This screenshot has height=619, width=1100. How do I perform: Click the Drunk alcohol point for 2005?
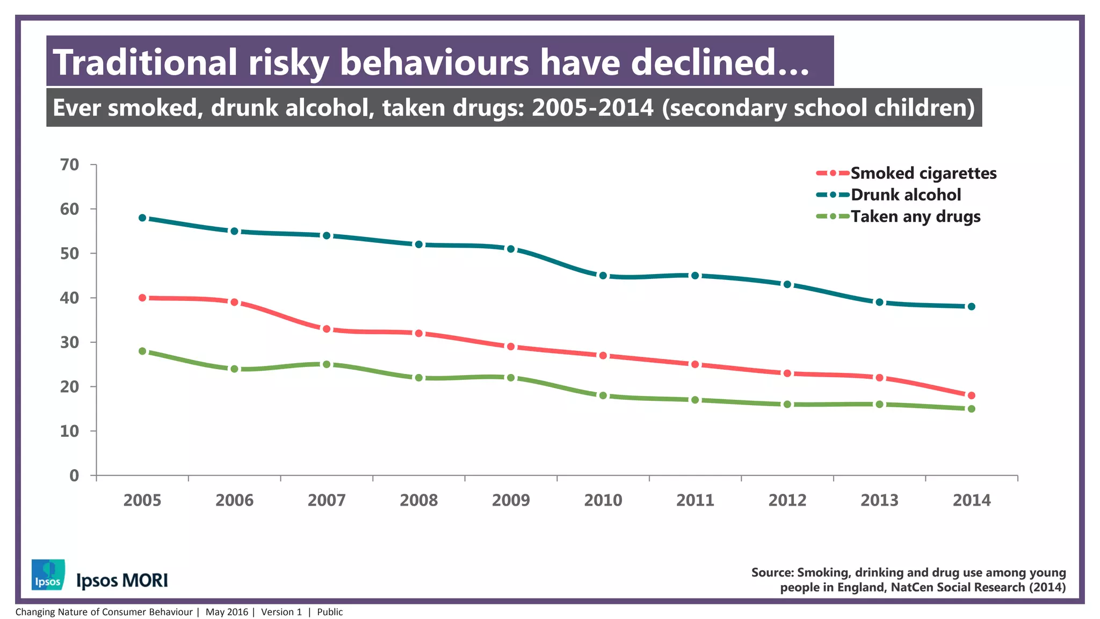pyautogui.click(x=142, y=218)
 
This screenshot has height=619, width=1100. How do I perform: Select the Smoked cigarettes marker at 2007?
pyautogui.click(x=327, y=329)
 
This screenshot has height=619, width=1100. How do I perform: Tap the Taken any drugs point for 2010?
pyautogui.click(x=603, y=395)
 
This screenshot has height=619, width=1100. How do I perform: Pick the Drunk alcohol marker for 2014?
pyautogui.click(x=972, y=306)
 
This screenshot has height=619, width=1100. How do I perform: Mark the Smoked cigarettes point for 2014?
pyautogui.click(x=972, y=395)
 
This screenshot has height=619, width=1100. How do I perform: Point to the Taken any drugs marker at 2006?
pyautogui.click(x=235, y=369)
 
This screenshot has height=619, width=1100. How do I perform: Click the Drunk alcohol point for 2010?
pyautogui.click(x=603, y=276)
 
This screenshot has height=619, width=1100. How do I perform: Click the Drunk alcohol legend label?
pyautogui.click(x=906, y=195)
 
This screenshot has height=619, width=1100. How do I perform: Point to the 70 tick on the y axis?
pyautogui.click(x=70, y=164)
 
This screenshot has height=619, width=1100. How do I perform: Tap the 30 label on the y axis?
pyautogui.click(x=70, y=342)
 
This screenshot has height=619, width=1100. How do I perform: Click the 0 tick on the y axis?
pyautogui.click(x=74, y=476)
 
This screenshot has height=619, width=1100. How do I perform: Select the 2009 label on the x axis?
pyautogui.click(x=511, y=500)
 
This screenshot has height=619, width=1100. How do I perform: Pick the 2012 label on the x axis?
pyautogui.click(x=787, y=500)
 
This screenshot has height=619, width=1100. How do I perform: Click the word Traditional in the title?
pyautogui.click(x=145, y=62)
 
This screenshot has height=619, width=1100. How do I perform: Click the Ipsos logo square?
pyautogui.click(x=48, y=574)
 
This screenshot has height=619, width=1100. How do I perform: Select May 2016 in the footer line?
pyautogui.click(x=227, y=612)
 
